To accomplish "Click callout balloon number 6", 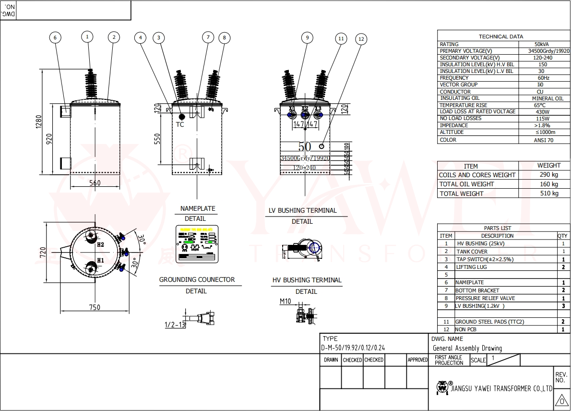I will click(55, 37).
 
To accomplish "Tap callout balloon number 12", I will click(361, 39).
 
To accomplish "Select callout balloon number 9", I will click(307, 37).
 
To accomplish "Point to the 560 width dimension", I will click(95, 183).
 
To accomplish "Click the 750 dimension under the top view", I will click(95, 307).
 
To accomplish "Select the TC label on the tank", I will click(180, 124).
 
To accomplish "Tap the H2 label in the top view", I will click(100, 244).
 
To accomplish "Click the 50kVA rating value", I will click(542, 44).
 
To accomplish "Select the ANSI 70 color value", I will click(544, 140).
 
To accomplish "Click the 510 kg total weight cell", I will click(549, 193).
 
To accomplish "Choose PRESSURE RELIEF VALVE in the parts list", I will click(485, 298).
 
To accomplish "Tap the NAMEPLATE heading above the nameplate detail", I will click(198, 209).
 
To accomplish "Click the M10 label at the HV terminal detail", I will click(286, 302).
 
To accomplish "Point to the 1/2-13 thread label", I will click(175, 325).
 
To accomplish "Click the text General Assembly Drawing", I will click(467, 348).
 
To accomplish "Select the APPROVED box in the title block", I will click(417, 360).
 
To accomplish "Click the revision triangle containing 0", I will click(561, 400).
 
